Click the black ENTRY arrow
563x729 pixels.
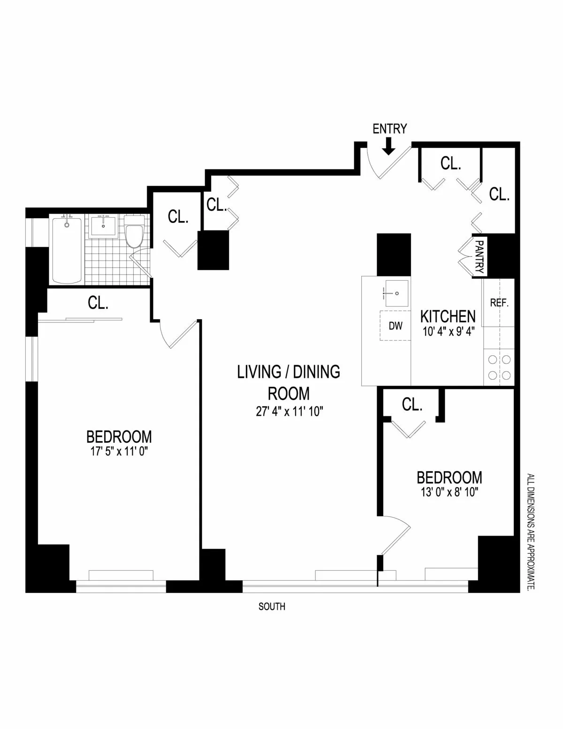click(388, 146)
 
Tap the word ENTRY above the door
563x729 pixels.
click(389, 129)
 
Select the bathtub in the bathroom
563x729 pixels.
click(67, 250)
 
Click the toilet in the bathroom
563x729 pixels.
click(135, 233)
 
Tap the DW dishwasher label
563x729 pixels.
click(396, 326)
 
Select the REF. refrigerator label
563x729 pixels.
click(499, 303)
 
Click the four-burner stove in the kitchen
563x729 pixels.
click(499, 368)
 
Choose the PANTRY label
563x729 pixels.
click(479, 257)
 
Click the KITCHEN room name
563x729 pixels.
click(448, 316)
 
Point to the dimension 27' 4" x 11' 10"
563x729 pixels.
click(288, 412)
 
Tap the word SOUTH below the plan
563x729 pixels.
click(272, 606)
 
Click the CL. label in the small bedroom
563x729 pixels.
click(412, 404)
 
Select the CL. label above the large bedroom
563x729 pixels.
click(98, 303)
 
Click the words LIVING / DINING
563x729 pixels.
click(288, 372)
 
